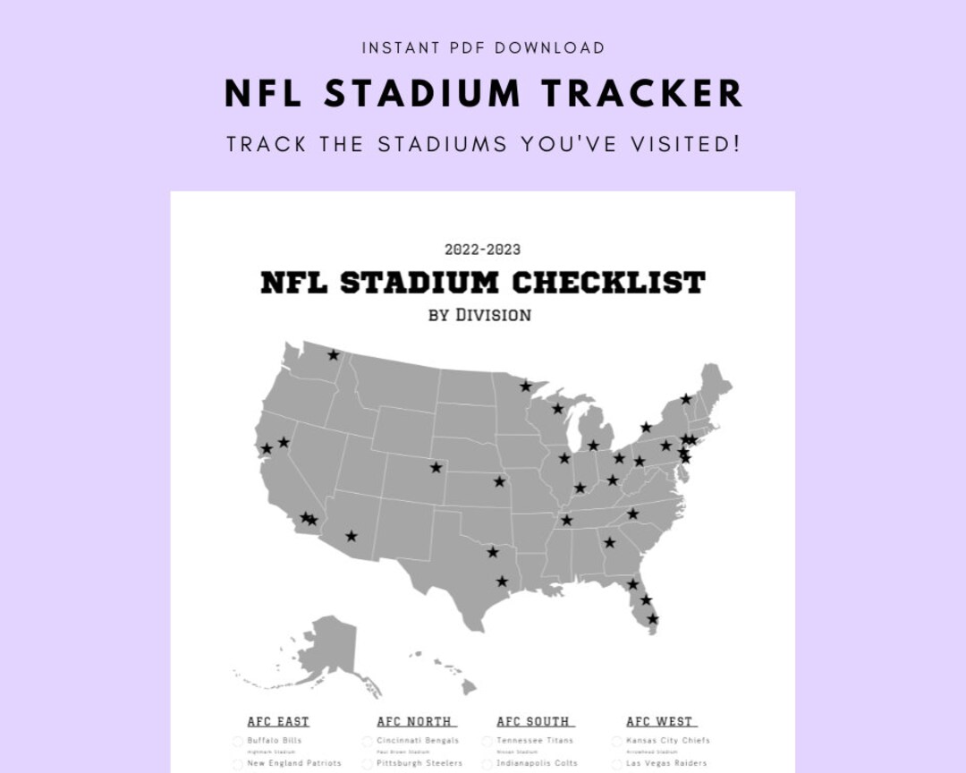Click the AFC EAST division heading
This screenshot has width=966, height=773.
coord(278,721)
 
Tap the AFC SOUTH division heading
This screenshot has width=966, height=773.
coord(533,721)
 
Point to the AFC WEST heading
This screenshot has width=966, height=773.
coord(659,721)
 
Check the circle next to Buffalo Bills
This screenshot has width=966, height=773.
coord(238,741)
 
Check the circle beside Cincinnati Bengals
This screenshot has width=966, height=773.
coord(367,741)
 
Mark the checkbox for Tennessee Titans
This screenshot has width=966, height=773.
coord(487,741)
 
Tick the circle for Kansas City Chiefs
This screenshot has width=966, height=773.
coord(616,741)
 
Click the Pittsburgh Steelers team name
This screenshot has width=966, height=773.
coord(419,763)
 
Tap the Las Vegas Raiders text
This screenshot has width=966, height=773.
coord(666,763)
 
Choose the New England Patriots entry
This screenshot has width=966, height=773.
coord(294,763)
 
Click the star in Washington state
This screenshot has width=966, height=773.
coord(334,355)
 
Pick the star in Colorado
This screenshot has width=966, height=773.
coord(436,467)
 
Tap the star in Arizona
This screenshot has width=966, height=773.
coord(352,536)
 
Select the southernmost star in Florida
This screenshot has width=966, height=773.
coord(653,619)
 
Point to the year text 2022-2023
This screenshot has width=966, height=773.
coord(482,250)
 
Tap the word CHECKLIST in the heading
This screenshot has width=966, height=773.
coord(608,283)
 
